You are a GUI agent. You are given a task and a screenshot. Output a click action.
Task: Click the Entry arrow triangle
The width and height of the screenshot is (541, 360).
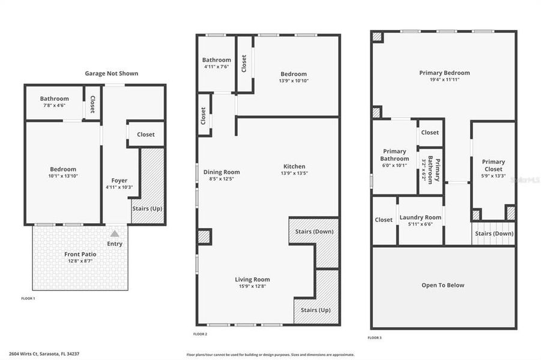[115, 233]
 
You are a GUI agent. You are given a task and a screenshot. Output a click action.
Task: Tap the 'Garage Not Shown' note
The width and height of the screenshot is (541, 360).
[111, 74]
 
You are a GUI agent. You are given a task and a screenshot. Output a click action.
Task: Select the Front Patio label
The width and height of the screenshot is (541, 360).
[80, 254]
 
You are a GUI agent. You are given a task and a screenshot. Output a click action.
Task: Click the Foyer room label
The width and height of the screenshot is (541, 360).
[119, 181]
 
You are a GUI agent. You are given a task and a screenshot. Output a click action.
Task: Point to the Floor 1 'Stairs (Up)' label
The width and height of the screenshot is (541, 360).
[147, 209]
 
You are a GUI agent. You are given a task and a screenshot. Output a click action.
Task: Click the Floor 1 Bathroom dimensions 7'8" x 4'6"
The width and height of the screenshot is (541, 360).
[54, 106]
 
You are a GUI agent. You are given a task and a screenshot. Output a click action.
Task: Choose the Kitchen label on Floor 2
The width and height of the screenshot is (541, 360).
[294, 167]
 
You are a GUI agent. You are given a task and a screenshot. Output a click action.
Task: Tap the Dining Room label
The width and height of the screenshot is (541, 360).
[221, 172]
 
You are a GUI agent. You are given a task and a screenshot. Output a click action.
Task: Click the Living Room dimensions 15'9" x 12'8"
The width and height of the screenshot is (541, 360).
[252, 286]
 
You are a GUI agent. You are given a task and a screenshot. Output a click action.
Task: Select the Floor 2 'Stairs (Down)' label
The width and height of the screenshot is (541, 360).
[315, 231]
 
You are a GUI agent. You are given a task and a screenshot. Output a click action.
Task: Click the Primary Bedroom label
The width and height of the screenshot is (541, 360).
[444, 73]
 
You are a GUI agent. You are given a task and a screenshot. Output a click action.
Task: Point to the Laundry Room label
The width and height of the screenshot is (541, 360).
[420, 218]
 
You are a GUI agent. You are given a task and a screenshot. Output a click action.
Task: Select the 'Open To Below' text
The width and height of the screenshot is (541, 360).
[443, 285]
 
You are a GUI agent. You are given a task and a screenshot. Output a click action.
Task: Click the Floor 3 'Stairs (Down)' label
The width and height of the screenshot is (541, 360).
[494, 234]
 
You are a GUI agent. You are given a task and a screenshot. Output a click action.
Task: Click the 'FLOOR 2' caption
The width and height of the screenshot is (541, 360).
[200, 334]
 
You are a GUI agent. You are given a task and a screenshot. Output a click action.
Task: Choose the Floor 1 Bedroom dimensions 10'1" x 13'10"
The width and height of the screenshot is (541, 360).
[63, 176]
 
